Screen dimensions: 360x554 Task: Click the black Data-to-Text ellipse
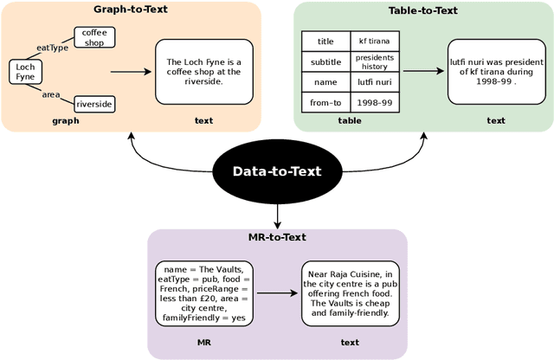(x=277, y=171)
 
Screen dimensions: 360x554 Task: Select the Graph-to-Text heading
(x=130, y=10)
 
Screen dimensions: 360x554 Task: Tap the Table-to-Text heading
(x=422, y=10)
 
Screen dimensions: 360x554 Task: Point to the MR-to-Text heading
(x=276, y=237)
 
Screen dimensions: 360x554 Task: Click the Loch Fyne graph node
(x=25, y=71)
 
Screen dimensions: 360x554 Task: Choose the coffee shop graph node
(x=93, y=37)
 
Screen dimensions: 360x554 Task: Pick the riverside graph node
(x=93, y=104)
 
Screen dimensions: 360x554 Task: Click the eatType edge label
(x=52, y=48)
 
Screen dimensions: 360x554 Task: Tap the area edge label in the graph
(x=51, y=94)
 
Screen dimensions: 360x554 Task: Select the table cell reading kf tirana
(x=374, y=41)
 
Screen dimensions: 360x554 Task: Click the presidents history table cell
(x=374, y=61)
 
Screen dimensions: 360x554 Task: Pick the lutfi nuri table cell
(x=374, y=82)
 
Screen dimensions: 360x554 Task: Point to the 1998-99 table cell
(x=374, y=102)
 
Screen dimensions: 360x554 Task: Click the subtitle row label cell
(x=325, y=61)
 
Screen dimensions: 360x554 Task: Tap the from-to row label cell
(x=325, y=102)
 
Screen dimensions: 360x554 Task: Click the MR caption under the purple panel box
(x=203, y=342)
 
